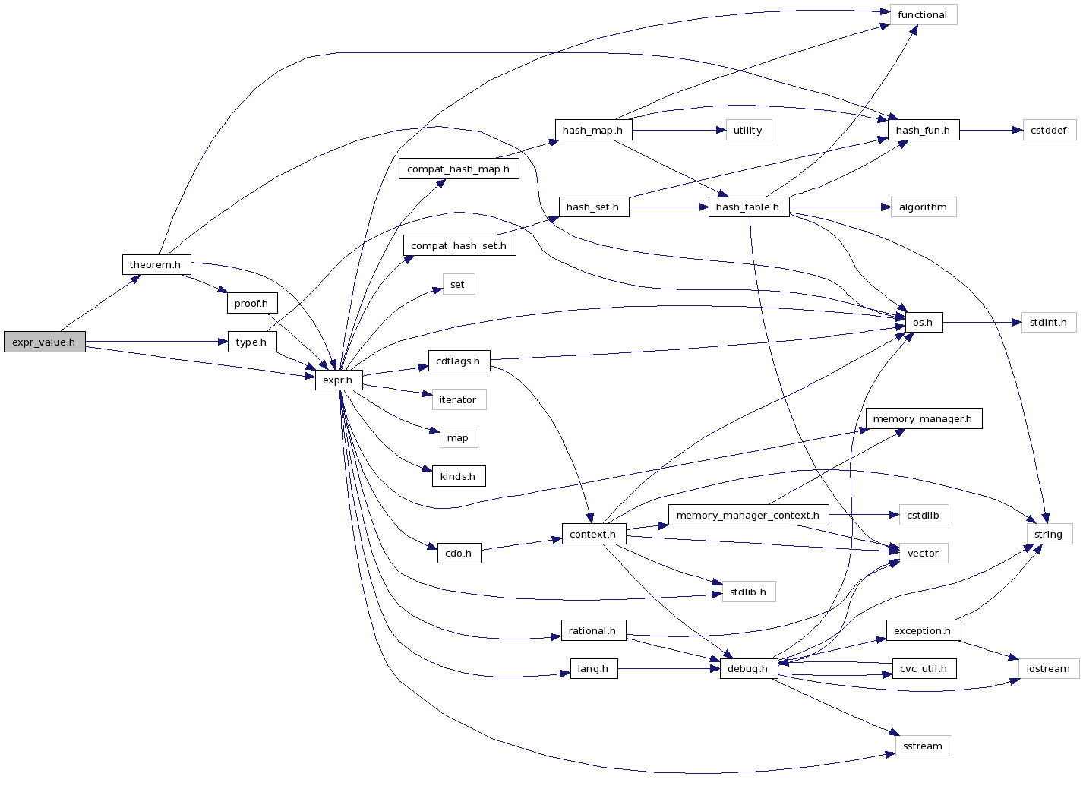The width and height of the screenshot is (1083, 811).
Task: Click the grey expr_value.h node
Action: (44, 342)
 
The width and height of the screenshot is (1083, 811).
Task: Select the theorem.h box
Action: (156, 265)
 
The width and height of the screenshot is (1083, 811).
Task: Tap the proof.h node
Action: (251, 304)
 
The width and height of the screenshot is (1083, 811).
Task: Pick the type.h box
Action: (251, 342)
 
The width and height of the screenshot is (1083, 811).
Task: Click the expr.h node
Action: (338, 380)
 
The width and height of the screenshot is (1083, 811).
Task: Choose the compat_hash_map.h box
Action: (458, 169)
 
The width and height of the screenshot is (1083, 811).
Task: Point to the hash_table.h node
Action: (748, 207)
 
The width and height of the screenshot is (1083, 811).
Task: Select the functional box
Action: (922, 15)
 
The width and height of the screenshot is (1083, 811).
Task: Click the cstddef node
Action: (1049, 131)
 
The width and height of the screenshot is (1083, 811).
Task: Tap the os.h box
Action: (924, 323)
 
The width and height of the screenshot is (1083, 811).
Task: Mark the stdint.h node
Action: (1048, 323)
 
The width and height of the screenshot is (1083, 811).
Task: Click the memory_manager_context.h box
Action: (748, 516)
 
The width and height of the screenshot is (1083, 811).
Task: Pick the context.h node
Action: (593, 535)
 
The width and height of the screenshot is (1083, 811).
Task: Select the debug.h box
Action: (748, 669)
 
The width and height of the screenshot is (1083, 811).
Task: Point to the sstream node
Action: (923, 746)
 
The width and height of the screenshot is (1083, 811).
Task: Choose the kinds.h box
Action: (458, 477)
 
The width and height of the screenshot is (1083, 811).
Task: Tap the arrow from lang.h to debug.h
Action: (668, 669)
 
